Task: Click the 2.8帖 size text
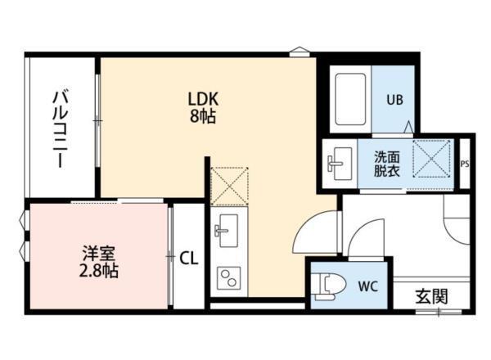point(99,270)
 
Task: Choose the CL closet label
point(188,259)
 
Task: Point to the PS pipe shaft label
point(465,163)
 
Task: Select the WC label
point(367,286)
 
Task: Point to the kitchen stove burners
point(226,278)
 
